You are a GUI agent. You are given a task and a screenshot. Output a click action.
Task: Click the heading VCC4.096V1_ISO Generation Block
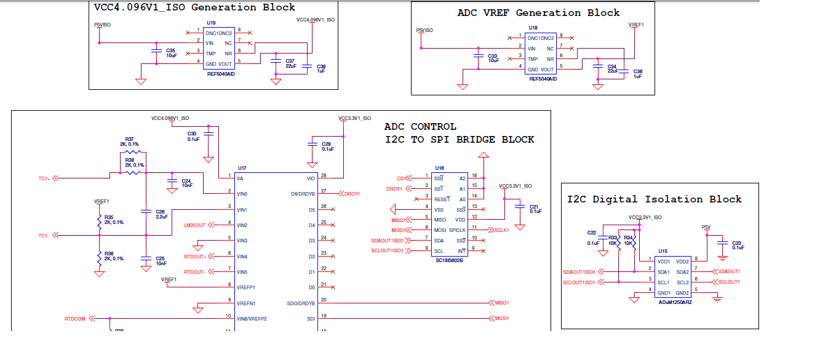[194, 8]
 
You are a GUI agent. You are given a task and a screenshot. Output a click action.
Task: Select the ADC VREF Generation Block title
[538, 13]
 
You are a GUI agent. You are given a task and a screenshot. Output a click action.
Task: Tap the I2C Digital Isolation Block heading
[654, 199]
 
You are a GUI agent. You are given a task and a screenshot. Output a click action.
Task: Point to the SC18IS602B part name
[448, 260]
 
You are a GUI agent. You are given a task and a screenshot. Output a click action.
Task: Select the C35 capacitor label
[171, 50]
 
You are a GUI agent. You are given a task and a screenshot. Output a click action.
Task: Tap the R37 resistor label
[129, 139]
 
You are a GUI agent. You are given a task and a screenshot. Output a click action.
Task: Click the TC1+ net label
[44, 178]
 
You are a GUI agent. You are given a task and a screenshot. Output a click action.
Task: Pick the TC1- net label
[44, 236]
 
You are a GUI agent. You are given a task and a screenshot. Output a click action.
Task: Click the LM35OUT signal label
[194, 225]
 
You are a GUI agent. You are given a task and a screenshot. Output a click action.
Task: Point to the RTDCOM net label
[75, 319]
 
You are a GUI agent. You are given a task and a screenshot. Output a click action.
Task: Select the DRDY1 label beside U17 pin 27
[352, 194]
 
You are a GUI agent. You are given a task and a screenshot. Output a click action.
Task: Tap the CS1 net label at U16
[400, 178]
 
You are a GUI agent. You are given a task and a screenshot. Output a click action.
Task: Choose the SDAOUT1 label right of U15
[729, 271]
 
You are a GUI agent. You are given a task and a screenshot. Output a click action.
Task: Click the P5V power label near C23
[706, 228]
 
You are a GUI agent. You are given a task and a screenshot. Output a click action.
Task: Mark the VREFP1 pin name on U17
[245, 287]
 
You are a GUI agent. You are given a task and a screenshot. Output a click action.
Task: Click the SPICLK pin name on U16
[457, 230]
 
